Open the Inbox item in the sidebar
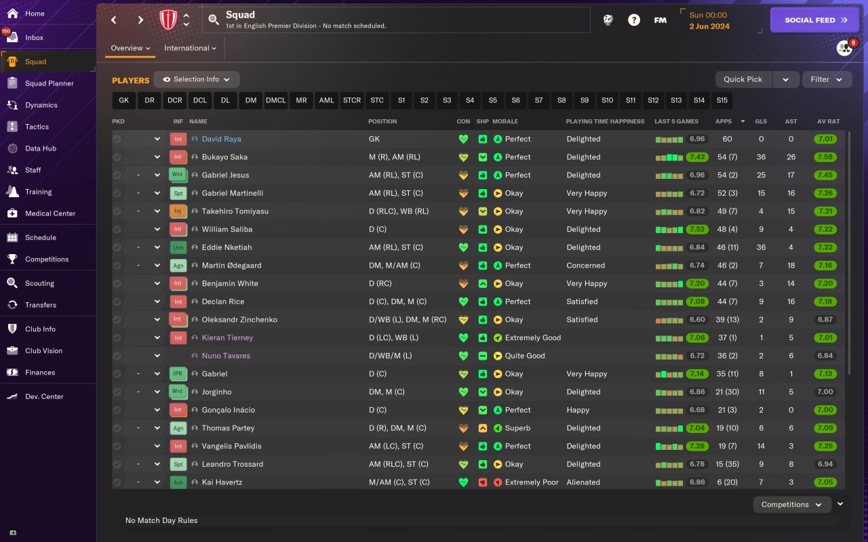34,38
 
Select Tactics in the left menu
37,127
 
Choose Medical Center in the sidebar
50,213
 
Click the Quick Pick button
743,79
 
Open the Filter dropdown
827,79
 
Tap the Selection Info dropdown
197,79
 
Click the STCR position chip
352,100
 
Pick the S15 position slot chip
722,100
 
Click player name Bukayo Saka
224,157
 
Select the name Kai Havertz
222,482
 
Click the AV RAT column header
828,121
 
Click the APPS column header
724,121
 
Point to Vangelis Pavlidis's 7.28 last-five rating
697,446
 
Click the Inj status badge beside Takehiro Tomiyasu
177,211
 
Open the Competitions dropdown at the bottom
791,505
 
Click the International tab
190,48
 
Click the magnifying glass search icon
214,20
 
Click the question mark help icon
633,20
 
